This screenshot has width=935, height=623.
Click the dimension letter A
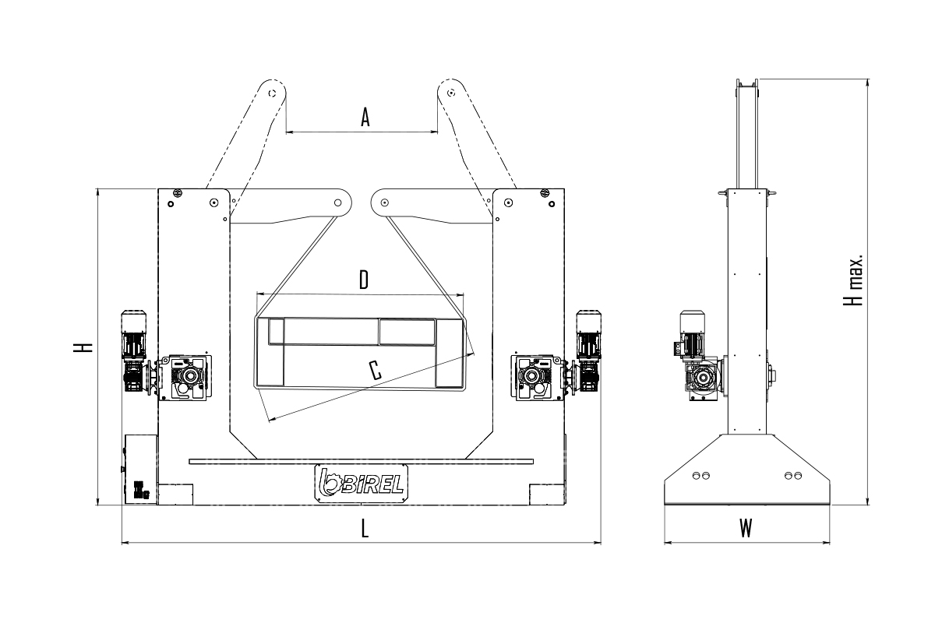pos(365,118)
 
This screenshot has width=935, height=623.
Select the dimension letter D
pos(364,280)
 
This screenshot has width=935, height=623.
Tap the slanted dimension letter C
pos(376,370)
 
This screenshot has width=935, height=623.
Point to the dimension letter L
pos(365,529)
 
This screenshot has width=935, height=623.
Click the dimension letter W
pos(746,529)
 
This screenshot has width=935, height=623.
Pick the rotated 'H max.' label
pos(853,280)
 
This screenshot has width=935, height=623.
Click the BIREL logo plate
pos(361,483)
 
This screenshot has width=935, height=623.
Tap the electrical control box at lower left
pos(141,470)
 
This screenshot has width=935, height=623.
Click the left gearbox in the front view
pos(185,378)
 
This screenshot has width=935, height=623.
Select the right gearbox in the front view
pos(537,378)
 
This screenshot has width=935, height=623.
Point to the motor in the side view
pos(692,334)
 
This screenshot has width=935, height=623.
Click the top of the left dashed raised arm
pos(272,92)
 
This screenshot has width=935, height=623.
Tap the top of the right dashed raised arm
pos(451,92)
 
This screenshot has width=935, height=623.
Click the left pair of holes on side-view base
pos(700,475)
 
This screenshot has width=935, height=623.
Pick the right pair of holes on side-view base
pos(793,475)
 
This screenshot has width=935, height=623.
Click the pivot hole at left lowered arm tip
pos(337,202)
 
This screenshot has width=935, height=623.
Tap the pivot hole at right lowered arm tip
pos(385,202)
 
